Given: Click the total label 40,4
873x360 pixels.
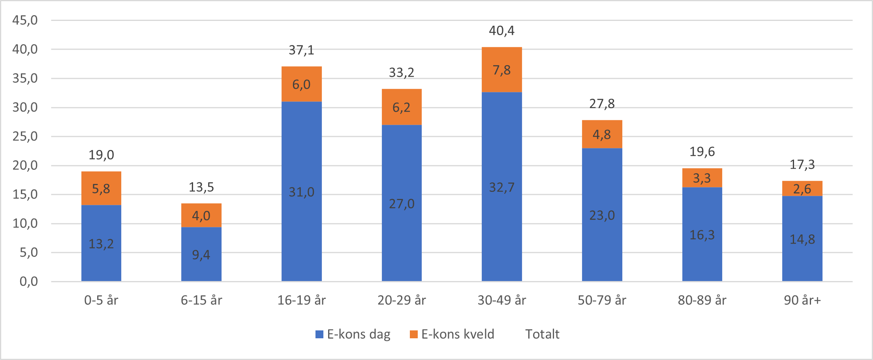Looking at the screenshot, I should tap(501, 31).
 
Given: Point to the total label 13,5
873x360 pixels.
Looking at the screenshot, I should tap(201, 187).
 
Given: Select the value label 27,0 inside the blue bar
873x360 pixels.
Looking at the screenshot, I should tap(402, 204).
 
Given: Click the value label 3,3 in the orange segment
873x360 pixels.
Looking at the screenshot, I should tap(702, 178).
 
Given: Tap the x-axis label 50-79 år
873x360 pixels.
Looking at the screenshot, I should tap(602, 300).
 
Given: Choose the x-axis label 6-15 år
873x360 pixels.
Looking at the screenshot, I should tap(201, 300).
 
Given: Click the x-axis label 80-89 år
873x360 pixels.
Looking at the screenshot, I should tap(702, 300).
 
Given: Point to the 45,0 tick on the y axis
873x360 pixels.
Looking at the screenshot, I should tap(25, 20).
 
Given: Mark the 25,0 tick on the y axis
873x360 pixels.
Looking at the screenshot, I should tap(25, 137).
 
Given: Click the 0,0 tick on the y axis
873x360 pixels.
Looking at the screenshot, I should tap(28, 281).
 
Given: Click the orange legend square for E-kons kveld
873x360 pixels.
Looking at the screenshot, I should tap(413, 334).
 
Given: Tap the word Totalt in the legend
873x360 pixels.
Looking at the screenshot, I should tap(542, 334).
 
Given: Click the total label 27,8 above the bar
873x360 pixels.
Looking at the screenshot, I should tap(602, 104).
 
